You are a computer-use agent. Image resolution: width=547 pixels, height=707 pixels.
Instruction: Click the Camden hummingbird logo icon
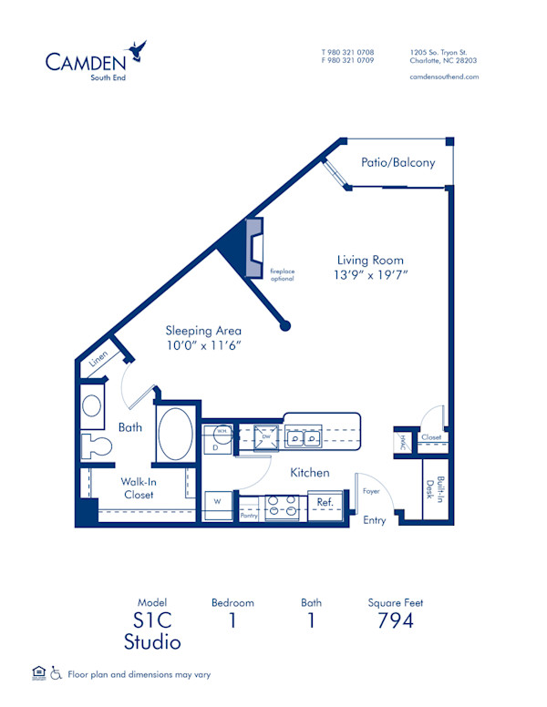(138, 50)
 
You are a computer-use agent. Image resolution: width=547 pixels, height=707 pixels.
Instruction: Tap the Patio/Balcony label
(397, 163)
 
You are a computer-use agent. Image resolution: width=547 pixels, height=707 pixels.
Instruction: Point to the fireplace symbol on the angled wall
(253, 248)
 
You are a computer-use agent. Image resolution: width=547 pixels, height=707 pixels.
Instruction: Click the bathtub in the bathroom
(175, 434)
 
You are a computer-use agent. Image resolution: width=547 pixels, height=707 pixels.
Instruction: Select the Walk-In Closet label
(139, 488)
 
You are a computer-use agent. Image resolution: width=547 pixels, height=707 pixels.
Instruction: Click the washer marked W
(218, 502)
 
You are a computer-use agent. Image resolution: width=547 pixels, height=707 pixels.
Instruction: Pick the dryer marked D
(216, 446)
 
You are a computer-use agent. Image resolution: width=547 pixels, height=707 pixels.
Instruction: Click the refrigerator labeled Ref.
(325, 502)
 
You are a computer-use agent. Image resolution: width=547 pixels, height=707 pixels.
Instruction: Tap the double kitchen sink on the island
(304, 438)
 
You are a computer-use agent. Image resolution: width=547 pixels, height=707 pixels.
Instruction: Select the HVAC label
(401, 442)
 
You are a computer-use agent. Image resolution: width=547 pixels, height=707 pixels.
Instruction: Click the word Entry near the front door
(374, 521)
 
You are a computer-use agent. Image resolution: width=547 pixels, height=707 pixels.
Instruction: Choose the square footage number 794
(395, 620)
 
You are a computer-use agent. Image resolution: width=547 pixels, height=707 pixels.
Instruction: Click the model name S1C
(152, 620)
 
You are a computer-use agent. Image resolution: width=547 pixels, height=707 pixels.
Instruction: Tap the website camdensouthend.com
(444, 77)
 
